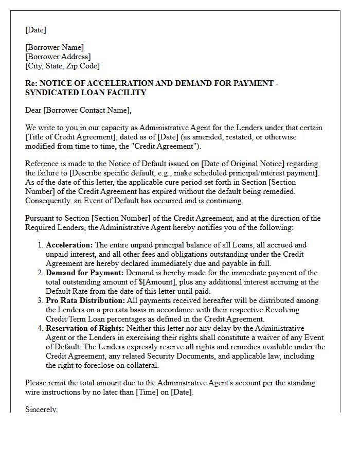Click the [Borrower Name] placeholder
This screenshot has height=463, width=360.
[55, 47]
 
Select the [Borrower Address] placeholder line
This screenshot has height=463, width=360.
[58, 57]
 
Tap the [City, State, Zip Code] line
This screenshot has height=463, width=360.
[63, 66]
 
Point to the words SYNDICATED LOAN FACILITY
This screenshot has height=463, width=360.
[86, 93]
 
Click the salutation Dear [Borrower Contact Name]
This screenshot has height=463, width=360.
[78, 110]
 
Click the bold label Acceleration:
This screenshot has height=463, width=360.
[69, 245]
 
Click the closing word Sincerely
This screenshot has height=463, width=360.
[41, 409]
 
